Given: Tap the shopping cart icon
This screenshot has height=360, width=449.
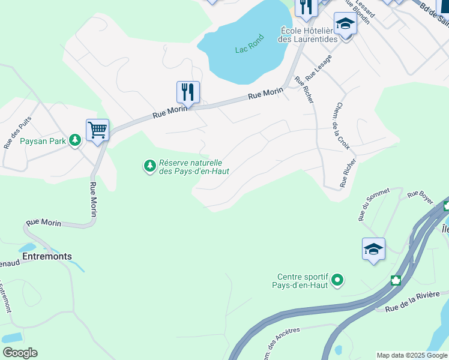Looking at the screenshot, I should point(97,130).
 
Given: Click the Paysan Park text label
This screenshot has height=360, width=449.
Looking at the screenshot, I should point(43,142).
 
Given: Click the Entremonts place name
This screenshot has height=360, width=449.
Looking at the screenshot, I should point(47,256).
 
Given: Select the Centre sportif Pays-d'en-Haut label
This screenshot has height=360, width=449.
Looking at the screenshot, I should point(302,281).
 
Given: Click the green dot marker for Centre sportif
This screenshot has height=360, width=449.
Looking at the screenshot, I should point(337,280).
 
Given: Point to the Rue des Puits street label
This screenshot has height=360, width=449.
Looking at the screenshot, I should point(17,133).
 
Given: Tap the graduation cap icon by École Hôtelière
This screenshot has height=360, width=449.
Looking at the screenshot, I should point(345,24).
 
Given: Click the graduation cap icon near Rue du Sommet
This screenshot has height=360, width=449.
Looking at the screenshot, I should point(373,249).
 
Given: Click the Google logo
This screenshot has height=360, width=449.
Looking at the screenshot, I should point(20,353).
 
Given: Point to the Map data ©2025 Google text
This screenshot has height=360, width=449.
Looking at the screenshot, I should point(412,355).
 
